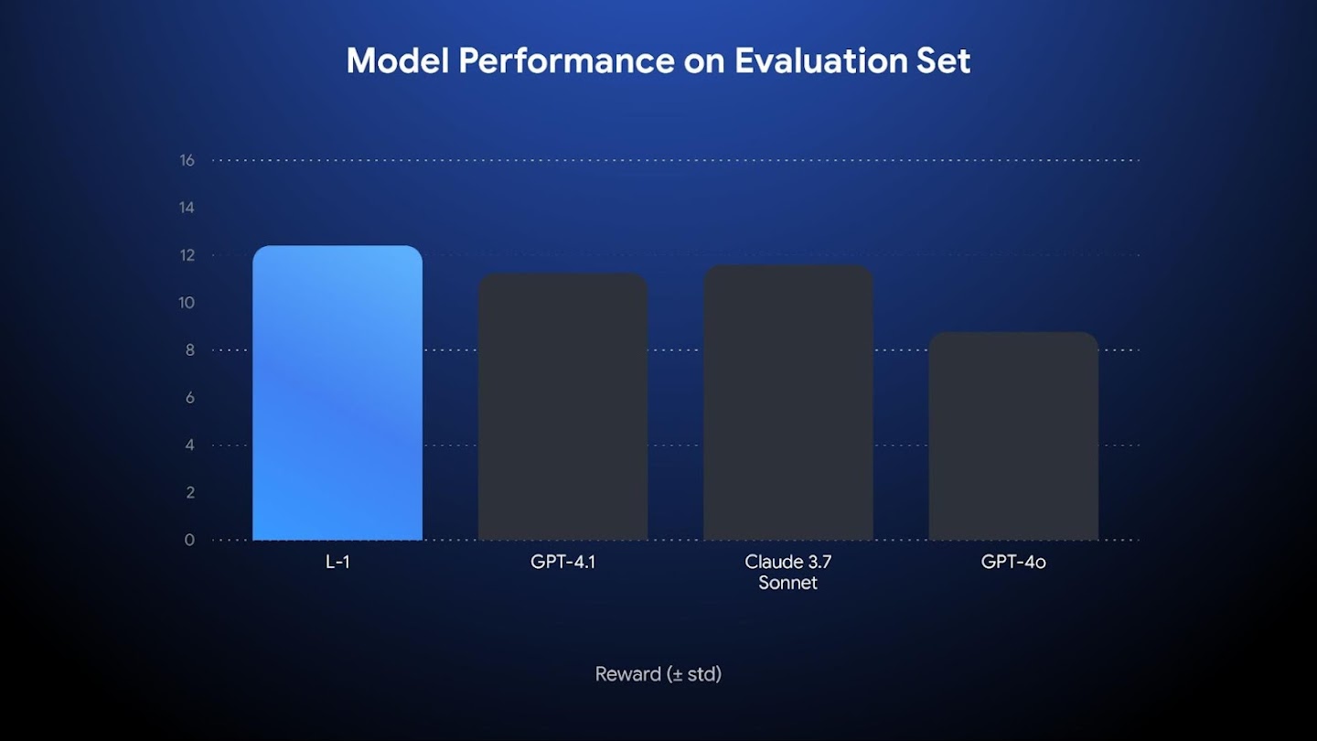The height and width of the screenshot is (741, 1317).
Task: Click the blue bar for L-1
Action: (x=337, y=393)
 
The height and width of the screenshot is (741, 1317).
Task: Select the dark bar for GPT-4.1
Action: (x=563, y=407)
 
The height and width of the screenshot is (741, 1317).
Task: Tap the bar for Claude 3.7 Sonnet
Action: (x=788, y=403)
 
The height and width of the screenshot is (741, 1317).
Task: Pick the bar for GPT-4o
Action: (x=1013, y=436)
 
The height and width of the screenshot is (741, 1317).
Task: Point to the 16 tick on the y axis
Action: (x=187, y=160)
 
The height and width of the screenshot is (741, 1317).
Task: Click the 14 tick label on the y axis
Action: (x=187, y=208)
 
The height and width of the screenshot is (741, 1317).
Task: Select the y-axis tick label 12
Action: (x=187, y=255)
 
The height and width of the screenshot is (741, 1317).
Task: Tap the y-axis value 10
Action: (x=187, y=303)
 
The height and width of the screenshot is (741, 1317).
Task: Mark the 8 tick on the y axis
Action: (x=189, y=350)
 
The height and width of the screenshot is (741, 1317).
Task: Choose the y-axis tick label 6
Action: (x=189, y=398)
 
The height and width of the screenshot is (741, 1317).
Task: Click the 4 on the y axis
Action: (x=189, y=446)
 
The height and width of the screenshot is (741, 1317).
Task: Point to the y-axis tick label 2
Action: (x=189, y=493)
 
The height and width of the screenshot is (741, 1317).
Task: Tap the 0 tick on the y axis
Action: (x=189, y=541)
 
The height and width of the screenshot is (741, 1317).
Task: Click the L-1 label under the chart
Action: (x=337, y=562)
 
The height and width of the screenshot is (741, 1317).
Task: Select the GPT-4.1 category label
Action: (x=563, y=562)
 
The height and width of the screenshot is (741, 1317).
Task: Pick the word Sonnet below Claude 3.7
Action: (x=787, y=583)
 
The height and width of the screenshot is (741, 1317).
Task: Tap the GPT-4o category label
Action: (x=1013, y=562)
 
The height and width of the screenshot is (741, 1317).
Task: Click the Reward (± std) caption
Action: (x=658, y=674)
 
